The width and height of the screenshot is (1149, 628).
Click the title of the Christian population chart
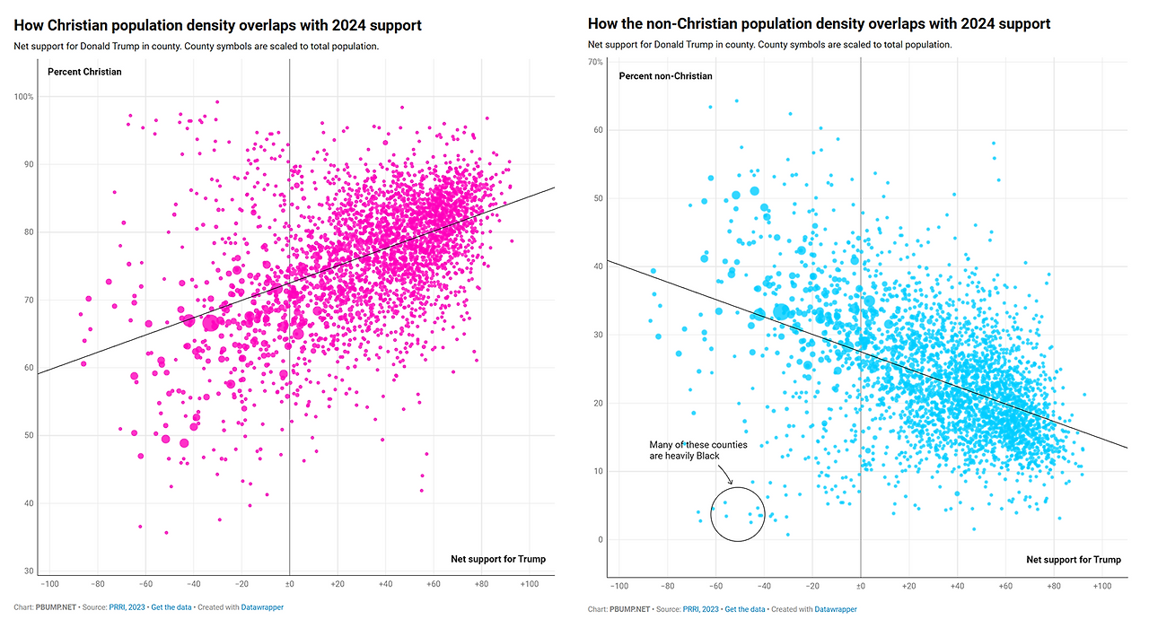coord(217,25)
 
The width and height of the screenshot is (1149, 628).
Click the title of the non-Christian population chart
coord(819,23)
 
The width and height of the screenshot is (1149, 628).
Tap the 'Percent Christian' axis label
coord(84,72)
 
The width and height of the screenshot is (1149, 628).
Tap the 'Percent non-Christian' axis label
coord(665,76)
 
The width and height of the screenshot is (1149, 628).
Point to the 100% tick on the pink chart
coord(23,96)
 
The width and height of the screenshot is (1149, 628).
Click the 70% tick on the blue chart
coord(595,62)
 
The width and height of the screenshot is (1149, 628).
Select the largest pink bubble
coord(210,323)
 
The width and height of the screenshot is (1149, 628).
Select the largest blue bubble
coord(781,311)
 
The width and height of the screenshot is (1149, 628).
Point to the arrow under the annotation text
coord(725,474)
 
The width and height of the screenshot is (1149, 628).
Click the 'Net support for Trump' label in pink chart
coord(498,559)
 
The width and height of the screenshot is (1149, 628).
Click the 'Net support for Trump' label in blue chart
coord(1073,559)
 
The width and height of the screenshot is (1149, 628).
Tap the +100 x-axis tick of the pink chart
coord(530,584)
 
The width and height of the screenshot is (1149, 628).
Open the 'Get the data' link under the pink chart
coord(171,607)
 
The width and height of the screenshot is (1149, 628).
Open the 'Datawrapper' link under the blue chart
coord(836,609)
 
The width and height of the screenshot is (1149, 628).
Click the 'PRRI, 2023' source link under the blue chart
coord(700,609)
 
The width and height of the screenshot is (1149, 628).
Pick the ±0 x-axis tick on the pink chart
coord(289,584)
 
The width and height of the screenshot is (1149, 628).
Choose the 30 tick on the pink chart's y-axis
coord(29,571)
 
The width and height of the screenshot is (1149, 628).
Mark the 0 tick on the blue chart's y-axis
coord(601,539)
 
